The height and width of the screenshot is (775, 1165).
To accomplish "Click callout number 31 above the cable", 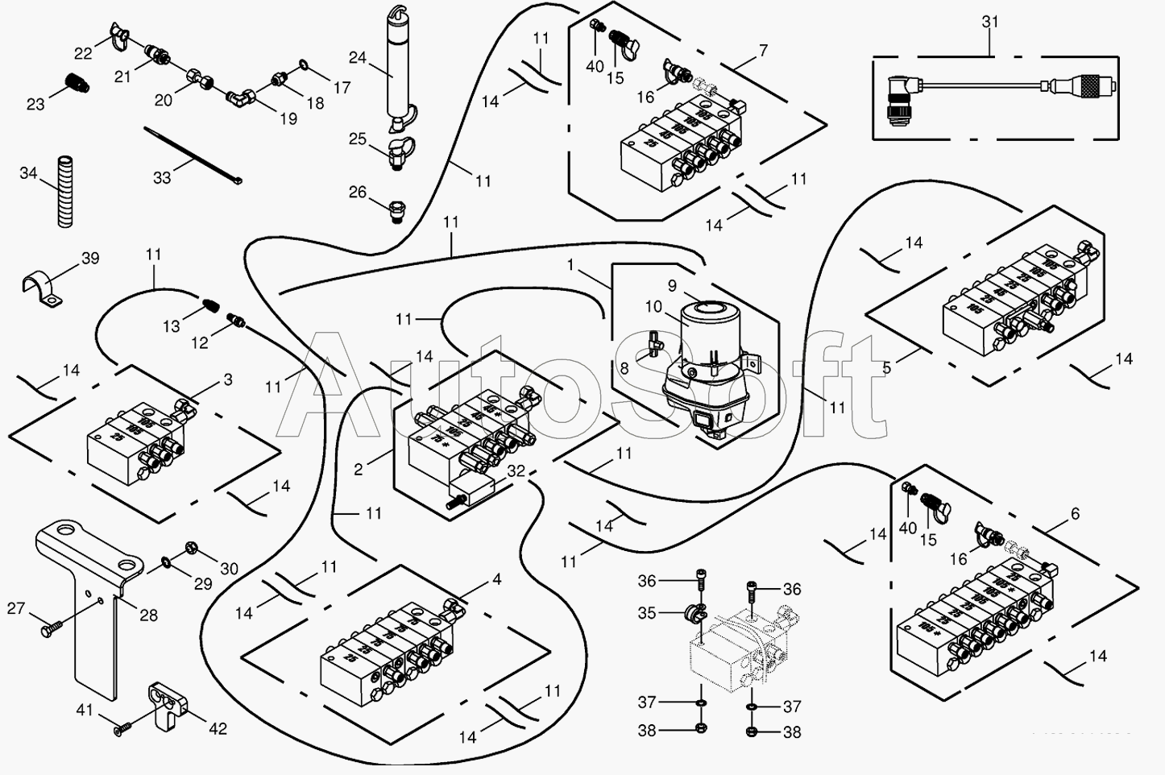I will click(990, 23).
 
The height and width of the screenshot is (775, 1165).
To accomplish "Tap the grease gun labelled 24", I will click(396, 68).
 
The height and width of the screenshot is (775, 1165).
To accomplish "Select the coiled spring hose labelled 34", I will click(64, 193).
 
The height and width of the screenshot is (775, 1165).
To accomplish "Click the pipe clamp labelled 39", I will click(43, 290).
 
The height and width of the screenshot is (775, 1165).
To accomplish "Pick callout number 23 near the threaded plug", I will click(35, 104).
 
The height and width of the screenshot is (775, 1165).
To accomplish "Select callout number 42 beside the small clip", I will click(218, 729).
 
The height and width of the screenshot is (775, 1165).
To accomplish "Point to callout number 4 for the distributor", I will click(497, 579).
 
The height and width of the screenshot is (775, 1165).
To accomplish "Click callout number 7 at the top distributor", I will click(762, 50).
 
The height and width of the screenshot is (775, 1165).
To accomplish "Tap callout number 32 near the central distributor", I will click(516, 471).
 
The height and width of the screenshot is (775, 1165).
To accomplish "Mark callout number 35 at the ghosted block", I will click(647, 613).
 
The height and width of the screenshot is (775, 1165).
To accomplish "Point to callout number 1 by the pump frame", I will click(571, 263).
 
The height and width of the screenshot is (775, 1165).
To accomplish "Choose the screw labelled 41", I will click(120, 729).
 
